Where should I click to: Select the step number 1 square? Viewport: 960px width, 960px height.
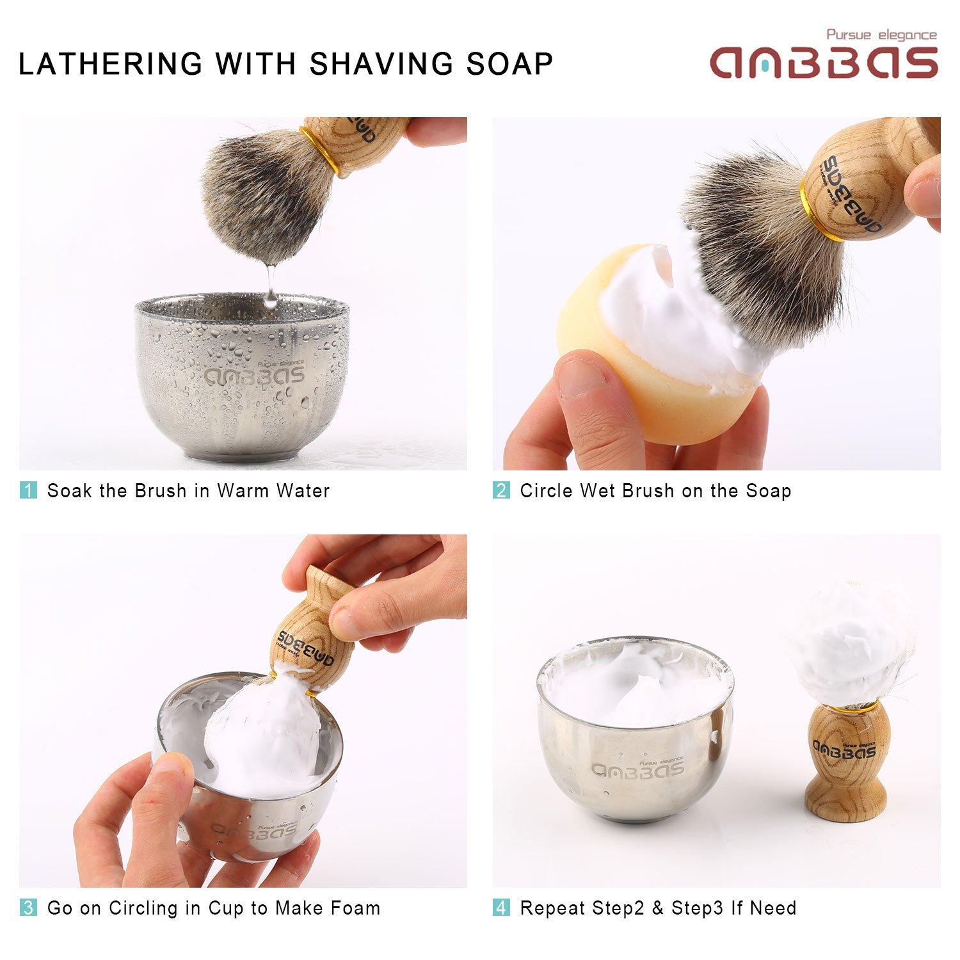[x=28, y=491]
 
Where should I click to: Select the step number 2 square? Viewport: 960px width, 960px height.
[x=501, y=491]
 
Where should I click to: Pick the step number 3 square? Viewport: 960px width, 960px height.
[x=28, y=908]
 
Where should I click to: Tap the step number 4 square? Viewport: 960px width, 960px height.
[x=501, y=908]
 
